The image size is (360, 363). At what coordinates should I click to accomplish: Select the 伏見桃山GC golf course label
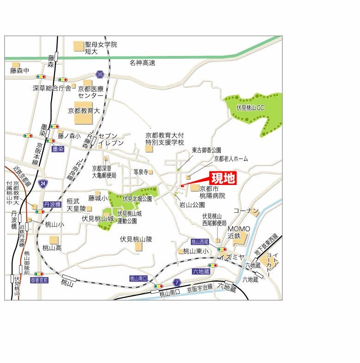(249, 107)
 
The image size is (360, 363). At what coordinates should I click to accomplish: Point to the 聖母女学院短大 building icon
(78, 46)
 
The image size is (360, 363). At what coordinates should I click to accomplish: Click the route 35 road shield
(99, 74)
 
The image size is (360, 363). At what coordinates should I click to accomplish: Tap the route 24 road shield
(43, 184)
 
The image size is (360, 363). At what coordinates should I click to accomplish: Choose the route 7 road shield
(176, 282)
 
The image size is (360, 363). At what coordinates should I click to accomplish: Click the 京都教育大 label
(84, 111)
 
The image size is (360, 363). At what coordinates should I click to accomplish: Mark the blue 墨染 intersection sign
(58, 149)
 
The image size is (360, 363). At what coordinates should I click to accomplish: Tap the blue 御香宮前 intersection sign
(39, 280)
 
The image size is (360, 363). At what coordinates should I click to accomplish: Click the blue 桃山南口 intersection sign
(138, 278)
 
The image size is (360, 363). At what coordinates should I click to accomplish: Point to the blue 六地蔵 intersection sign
(200, 271)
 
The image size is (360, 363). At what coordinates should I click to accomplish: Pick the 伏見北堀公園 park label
(137, 199)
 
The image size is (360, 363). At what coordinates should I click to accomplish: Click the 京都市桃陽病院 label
(212, 192)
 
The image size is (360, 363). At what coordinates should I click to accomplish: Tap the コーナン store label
(246, 211)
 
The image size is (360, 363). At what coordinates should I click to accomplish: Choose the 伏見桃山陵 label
(136, 239)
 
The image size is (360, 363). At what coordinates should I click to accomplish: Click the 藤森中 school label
(19, 71)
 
